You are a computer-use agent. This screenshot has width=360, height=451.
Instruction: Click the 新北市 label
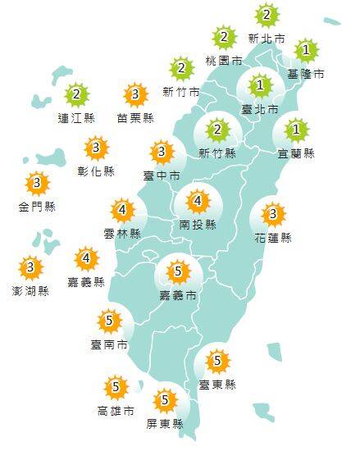click(267, 38)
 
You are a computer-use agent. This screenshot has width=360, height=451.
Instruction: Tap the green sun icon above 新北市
click(267, 15)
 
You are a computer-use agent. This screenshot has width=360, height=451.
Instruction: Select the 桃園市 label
click(224, 60)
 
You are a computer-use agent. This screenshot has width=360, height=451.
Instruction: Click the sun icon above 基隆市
click(306, 52)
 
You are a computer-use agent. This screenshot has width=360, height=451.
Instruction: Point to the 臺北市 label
click(260, 108)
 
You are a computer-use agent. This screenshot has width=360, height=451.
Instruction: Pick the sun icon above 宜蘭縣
click(296, 130)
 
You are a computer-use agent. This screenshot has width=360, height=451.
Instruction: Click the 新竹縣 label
click(217, 153)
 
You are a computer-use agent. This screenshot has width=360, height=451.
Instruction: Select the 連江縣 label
click(77, 118)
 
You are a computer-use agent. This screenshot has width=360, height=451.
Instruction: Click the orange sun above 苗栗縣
click(135, 95)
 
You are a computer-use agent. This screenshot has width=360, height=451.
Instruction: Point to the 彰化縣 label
click(97, 171)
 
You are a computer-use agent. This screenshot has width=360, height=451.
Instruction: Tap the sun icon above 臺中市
click(162, 152)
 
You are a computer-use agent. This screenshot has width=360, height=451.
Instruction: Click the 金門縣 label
click(37, 207)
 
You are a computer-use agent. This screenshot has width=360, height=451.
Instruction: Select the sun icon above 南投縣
click(198, 200)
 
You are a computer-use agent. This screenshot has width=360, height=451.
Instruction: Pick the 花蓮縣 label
click(273, 238)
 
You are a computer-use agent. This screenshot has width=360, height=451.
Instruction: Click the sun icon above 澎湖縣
click(31, 267)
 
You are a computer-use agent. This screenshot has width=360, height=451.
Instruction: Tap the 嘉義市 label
click(178, 293)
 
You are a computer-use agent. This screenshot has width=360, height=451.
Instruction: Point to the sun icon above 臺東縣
click(217, 360)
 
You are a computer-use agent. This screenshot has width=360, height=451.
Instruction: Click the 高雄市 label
click(116, 410)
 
